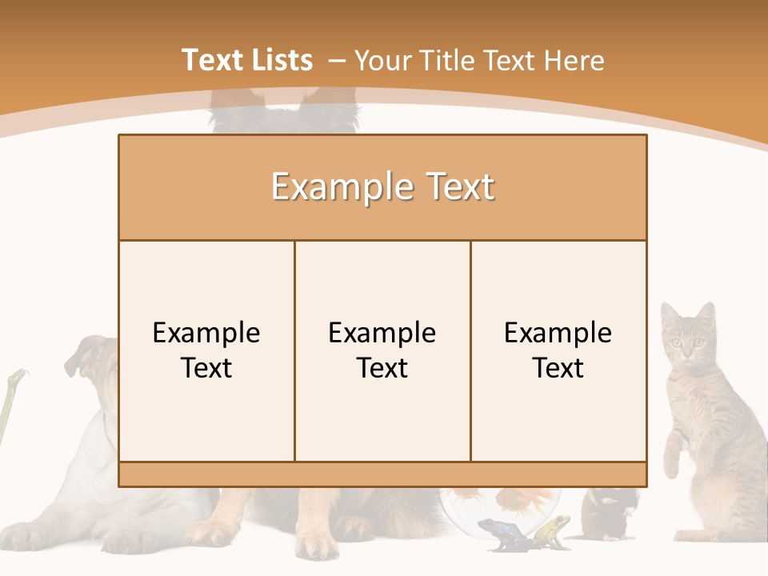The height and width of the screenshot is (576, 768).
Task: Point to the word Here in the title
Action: tap(574, 60)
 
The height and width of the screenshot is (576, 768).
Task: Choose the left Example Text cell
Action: tap(206, 350)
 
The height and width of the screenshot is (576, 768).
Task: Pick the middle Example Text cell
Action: tap(382, 350)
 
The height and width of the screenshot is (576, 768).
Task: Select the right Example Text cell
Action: tap(558, 350)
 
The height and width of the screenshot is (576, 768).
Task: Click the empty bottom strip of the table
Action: tap(382, 474)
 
